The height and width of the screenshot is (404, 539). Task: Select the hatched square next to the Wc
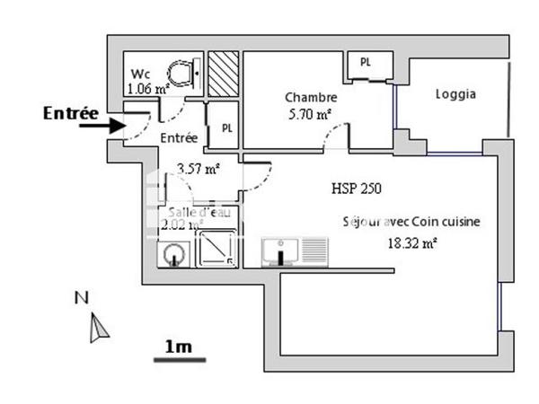point(223,73)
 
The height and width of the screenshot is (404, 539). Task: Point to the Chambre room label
point(311,98)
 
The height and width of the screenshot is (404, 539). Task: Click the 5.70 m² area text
point(311,114)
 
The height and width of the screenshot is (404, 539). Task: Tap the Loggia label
point(455,94)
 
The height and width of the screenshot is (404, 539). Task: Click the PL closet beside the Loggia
point(367,64)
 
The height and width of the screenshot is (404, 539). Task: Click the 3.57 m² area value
point(199,168)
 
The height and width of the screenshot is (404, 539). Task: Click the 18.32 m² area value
point(413,242)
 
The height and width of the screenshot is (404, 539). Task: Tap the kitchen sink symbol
point(282,251)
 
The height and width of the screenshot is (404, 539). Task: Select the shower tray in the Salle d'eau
point(216,249)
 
